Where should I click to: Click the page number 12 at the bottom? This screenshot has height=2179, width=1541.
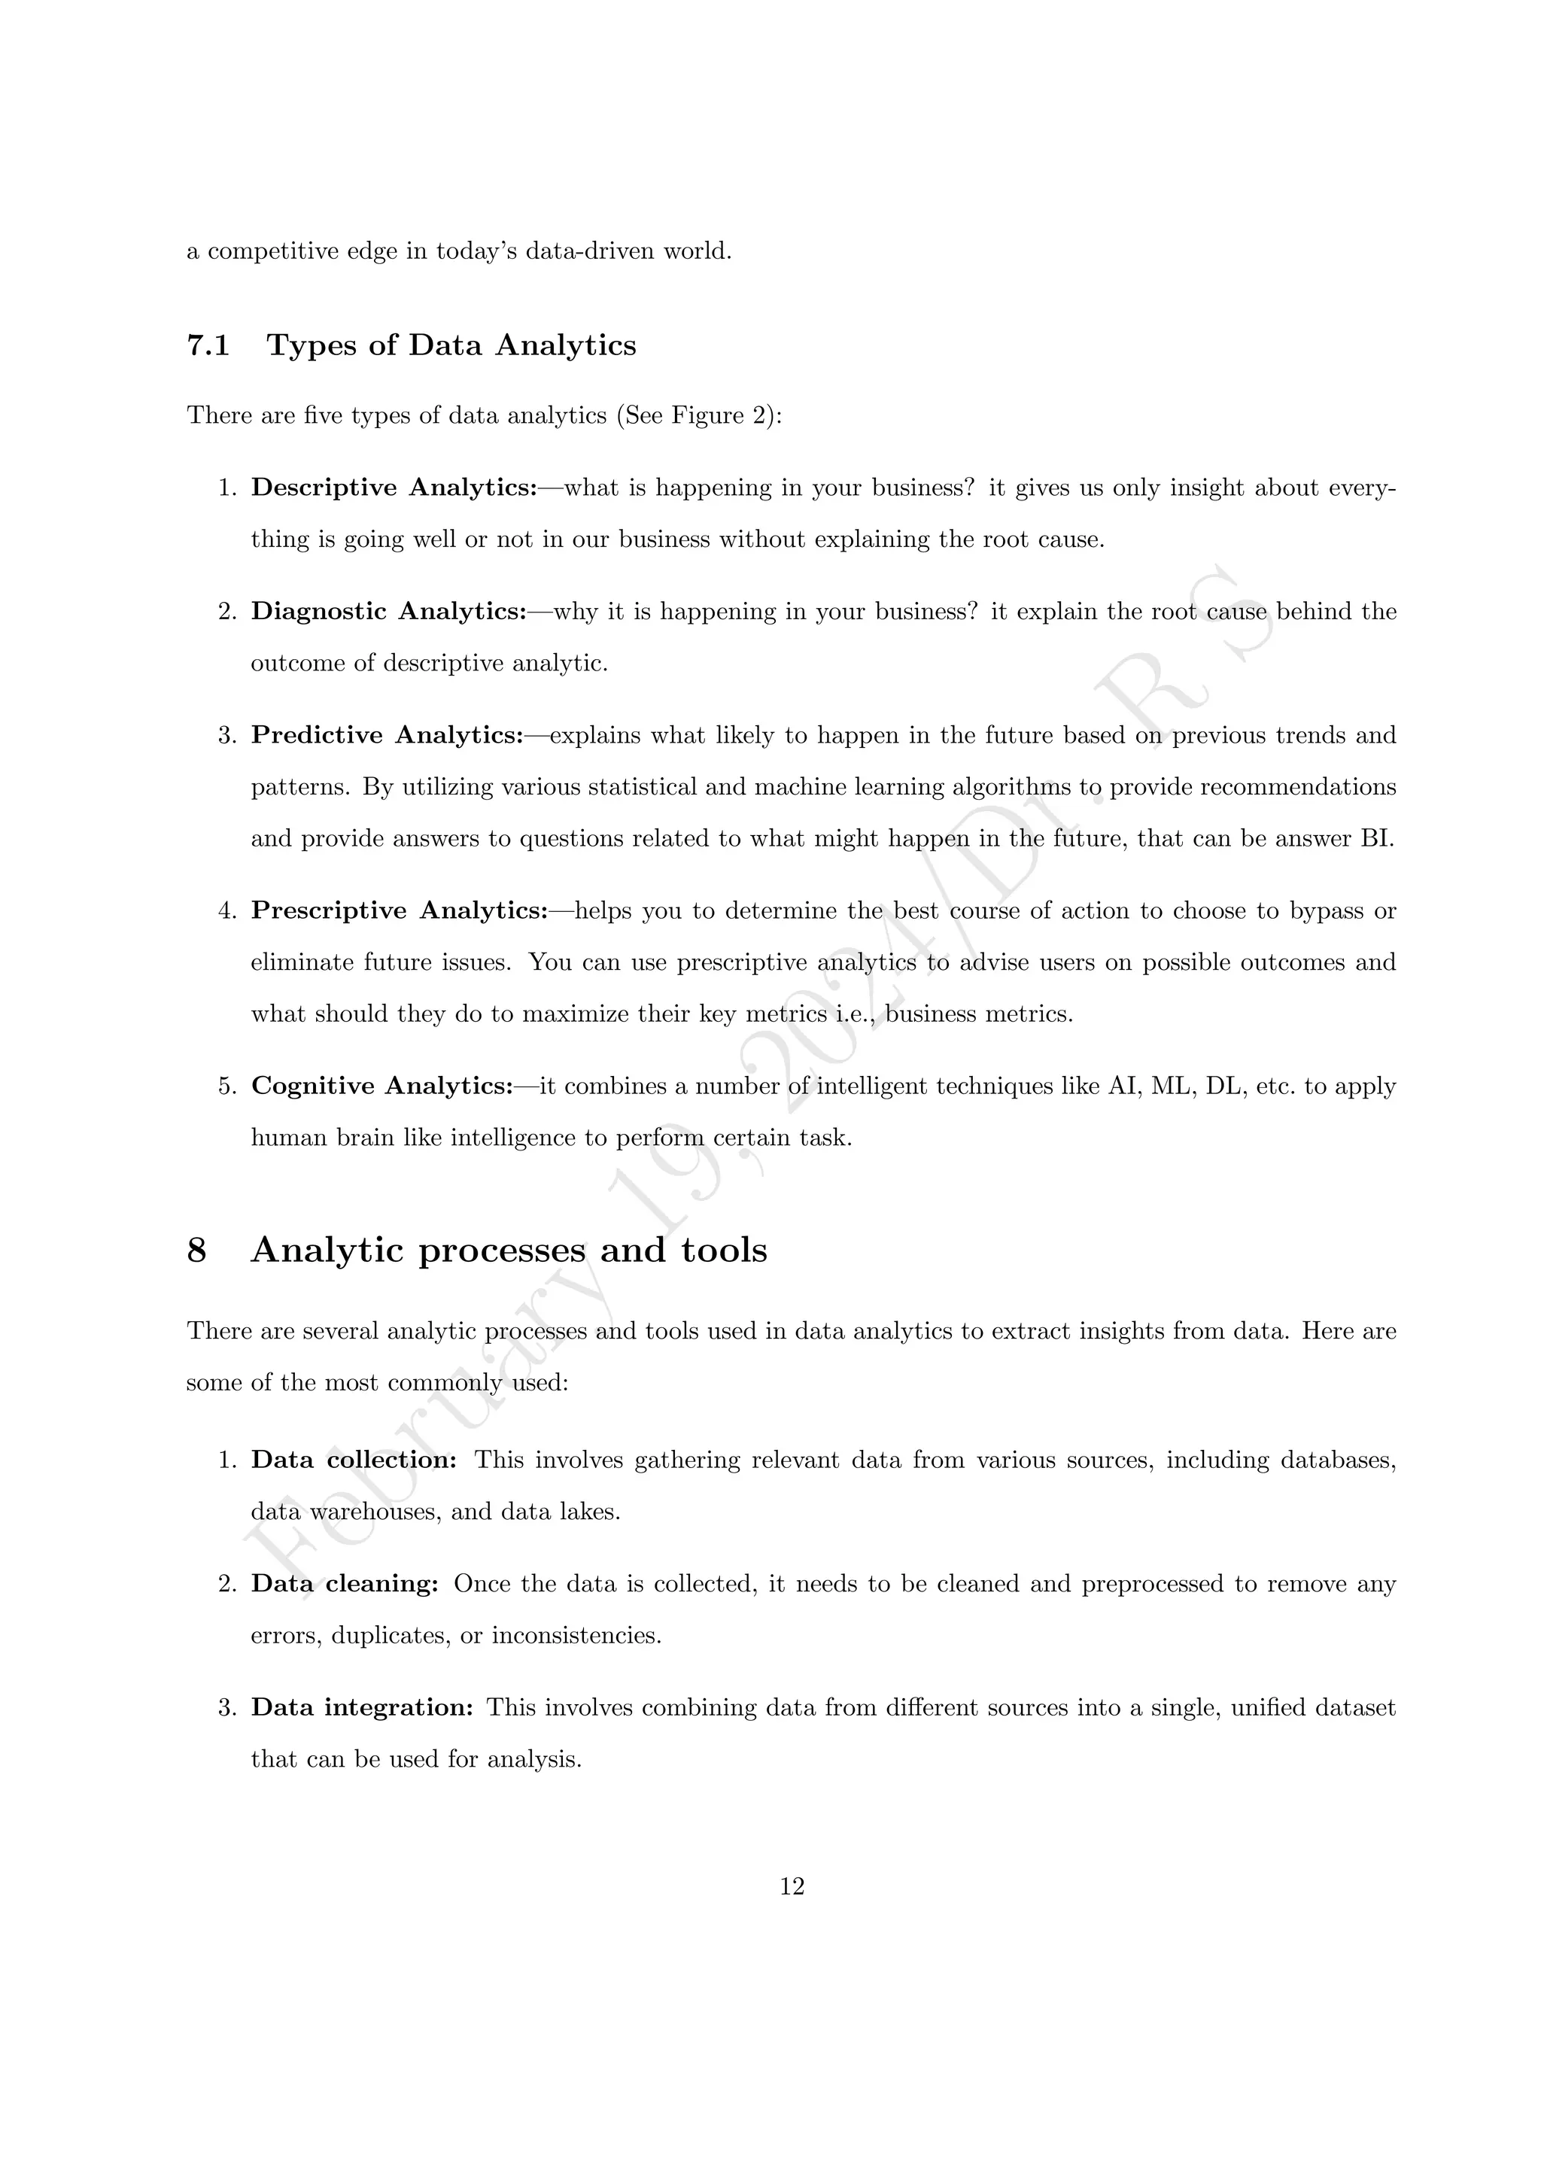pyautogui.click(x=792, y=1887)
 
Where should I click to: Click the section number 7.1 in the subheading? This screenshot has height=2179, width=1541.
pyautogui.click(x=208, y=345)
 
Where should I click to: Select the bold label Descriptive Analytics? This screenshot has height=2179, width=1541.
pyautogui.click(x=394, y=488)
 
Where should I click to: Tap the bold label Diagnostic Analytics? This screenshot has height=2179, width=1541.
pyautogui.click(x=389, y=611)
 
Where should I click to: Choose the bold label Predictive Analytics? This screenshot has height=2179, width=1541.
pyautogui.click(x=388, y=736)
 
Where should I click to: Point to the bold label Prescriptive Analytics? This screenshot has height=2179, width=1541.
pyautogui.click(x=400, y=911)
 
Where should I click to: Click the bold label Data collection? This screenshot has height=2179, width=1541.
pyautogui.click(x=354, y=1460)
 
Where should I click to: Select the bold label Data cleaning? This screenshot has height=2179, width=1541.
pyautogui.click(x=345, y=1584)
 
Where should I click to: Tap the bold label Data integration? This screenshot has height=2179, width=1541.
pyautogui.click(x=361, y=1707)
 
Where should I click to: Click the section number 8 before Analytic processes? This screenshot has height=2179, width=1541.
pyautogui.click(x=196, y=1251)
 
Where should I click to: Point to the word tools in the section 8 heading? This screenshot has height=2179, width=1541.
pyautogui.click(x=724, y=1251)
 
